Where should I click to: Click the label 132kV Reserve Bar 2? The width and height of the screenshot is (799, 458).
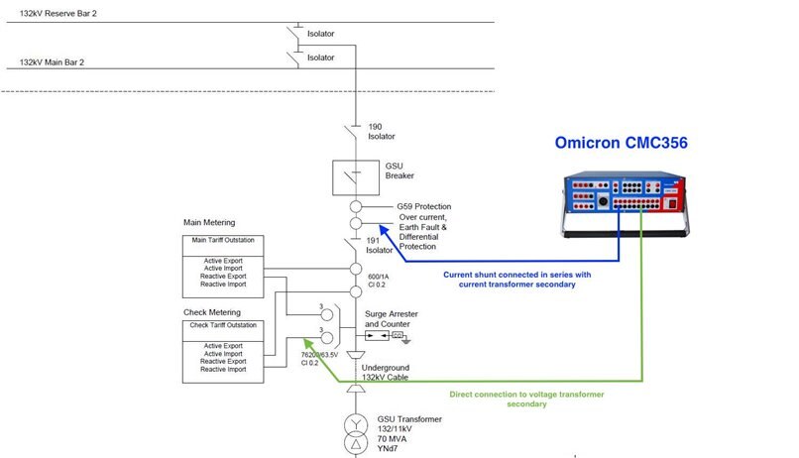[x=60, y=14]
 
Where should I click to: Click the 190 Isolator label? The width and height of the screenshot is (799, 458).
[x=382, y=133]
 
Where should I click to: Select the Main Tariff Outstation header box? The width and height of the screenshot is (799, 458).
[x=223, y=241]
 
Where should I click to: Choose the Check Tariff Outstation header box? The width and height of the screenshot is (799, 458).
[x=223, y=326]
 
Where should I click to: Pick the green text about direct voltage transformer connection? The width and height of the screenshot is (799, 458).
[x=526, y=399]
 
